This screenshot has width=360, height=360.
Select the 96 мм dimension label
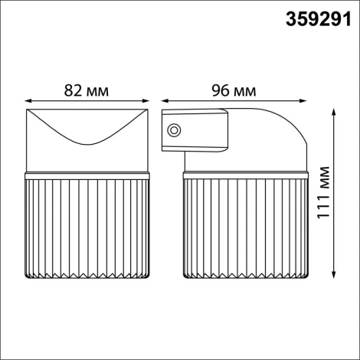[x=233, y=90]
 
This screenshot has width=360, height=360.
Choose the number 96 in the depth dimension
[x=218, y=90]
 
